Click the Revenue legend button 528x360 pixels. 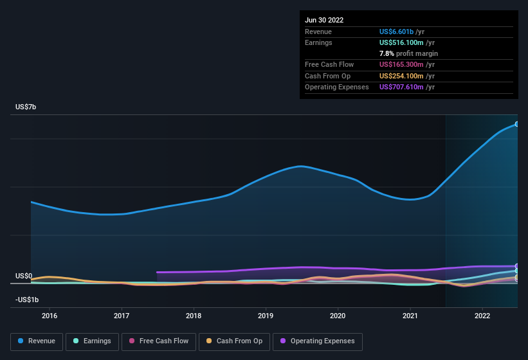pyautogui.click(x=37, y=341)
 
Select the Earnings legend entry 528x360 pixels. pyautogui.click(x=92, y=341)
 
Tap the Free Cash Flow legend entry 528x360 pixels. pyautogui.click(x=159, y=341)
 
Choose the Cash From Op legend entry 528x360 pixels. pyautogui.click(x=234, y=341)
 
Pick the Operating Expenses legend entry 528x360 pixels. pyautogui.click(x=317, y=341)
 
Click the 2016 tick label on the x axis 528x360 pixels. pyautogui.click(x=50, y=316)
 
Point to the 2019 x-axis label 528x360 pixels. pyautogui.click(x=266, y=316)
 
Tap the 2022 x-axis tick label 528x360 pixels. pyautogui.click(x=482, y=316)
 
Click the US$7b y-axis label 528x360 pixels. pyautogui.click(x=26, y=107)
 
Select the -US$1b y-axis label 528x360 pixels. pyautogui.click(x=27, y=300)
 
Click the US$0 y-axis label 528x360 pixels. pyautogui.click(x=24, y=276)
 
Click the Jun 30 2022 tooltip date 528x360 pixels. pyautogui.click(x=324, y=20)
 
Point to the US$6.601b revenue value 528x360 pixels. pyautogui.click(x=396, y=32)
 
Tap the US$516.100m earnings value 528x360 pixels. pyautogui.click(x=401, y=42)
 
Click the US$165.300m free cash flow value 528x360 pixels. pyautogui.click(x=401, y=64)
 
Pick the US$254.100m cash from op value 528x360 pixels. pyautogui.click(x=401, y=76)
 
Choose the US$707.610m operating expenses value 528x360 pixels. pyautogui.click(x=401, y=87)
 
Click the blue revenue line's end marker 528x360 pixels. pyautogui.click(x=517, y=124)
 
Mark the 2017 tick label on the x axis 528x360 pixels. pyautogui.click(x=122, y=316)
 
